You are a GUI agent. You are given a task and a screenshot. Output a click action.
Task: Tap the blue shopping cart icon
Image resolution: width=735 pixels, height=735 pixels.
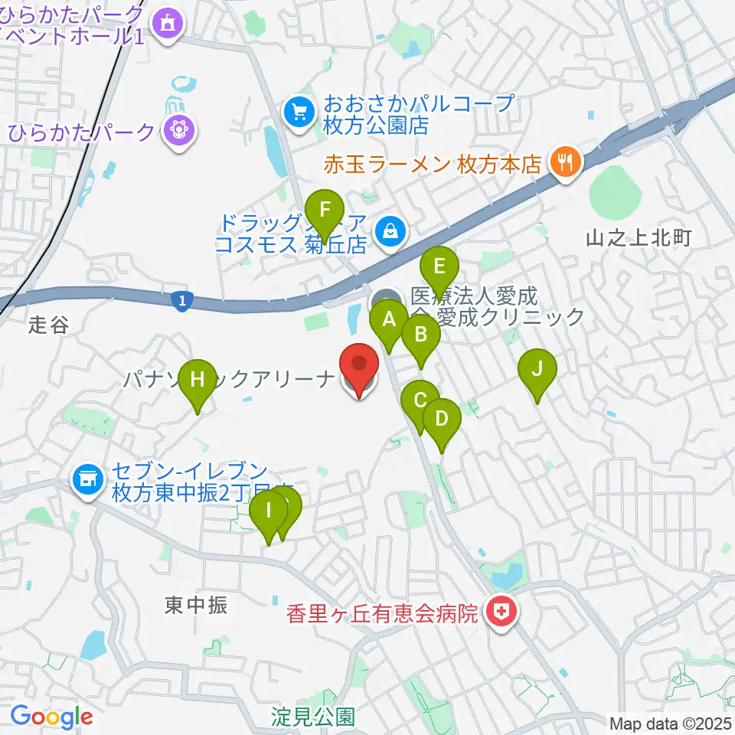coord(299,113)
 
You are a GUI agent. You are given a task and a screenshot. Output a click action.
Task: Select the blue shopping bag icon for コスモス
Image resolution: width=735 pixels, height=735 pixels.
coord(390,230)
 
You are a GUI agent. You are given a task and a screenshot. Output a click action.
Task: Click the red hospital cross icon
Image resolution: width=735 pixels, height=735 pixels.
coord(501,612)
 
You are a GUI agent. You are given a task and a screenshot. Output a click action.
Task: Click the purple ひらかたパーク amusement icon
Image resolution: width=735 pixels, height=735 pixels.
coord(178,130)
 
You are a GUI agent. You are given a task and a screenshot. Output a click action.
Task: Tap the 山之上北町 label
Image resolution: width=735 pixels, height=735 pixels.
coord(639,238)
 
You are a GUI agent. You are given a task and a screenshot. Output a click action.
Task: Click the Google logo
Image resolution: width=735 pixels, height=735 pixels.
coord(51,717)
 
